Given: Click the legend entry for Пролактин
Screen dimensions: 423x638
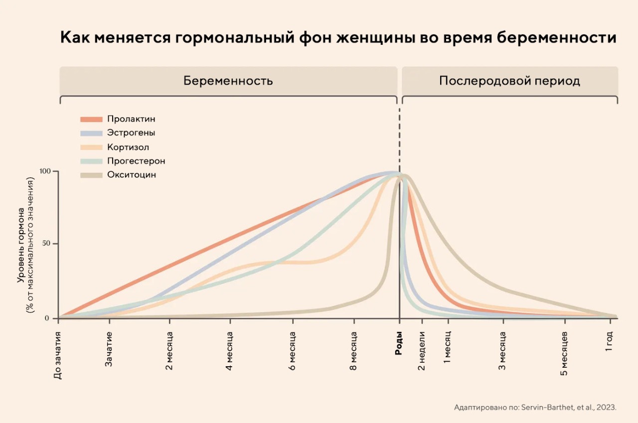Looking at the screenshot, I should click(x=131, y=119).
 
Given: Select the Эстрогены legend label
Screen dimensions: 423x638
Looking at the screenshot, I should click(x=131, y=133).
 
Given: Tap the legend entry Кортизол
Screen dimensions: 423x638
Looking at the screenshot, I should click(x=128, y=147).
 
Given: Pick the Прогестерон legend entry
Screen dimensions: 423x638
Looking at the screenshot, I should click(x=136, y=161).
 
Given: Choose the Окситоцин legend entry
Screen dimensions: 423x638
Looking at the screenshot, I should click(x=132, y=175).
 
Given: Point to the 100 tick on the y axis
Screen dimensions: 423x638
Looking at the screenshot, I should click(x=45, y=171).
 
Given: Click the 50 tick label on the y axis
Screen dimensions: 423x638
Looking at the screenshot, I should click(x=46, y=244).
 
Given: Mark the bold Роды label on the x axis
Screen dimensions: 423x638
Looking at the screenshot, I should click(x=399, y=344).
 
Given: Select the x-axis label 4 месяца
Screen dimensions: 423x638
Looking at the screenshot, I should click(x=230, y=353).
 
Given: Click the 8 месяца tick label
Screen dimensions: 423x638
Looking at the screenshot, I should click(x=353, y=353).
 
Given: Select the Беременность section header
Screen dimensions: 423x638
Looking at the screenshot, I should click(x=228, y=81).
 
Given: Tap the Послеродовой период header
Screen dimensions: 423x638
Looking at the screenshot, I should click(x=509, y=81).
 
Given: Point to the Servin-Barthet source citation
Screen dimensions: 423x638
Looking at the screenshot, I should click(x=535, y=407).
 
